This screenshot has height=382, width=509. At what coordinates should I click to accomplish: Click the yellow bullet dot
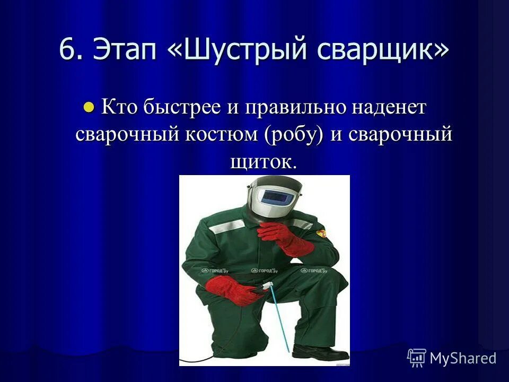[89, 107]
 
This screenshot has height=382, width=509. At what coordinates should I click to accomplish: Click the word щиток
[261, 161]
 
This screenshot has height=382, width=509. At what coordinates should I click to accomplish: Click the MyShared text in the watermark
[462, 358]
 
